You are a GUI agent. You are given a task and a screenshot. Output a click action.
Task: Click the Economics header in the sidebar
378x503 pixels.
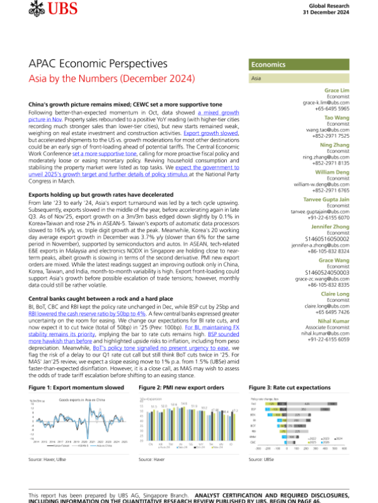[x=270, y=65]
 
